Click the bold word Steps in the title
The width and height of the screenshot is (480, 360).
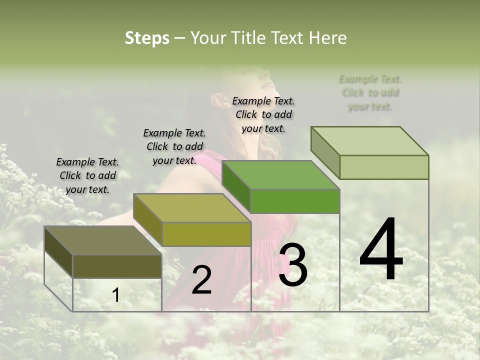click(147, 38)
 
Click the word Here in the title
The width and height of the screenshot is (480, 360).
click(327, 38)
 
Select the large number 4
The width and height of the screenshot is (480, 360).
click(381, 250)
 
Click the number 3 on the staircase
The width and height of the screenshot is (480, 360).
click(293, 265)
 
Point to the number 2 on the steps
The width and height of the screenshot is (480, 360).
click(201, 280)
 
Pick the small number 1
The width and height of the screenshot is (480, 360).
click(116, 295)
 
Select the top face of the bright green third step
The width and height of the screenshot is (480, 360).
click(280, 175)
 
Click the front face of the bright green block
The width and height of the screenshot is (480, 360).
click(295, 201)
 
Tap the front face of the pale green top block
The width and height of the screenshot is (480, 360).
click(384, 167)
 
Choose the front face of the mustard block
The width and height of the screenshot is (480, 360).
click(206, 234)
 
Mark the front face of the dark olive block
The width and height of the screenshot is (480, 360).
click(117, 266)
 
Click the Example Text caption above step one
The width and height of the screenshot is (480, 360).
click(87, 175)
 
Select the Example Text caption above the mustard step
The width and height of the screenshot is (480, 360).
click(174, 146)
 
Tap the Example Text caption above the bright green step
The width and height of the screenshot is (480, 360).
click(263, 114)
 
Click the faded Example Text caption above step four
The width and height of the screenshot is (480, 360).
click(370, 92)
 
